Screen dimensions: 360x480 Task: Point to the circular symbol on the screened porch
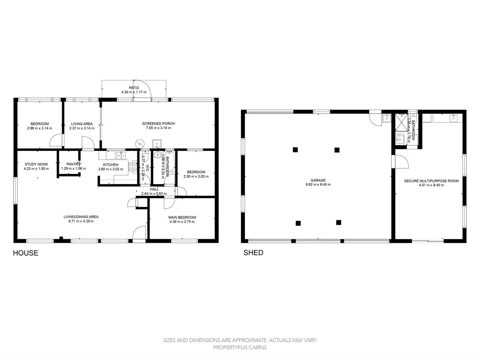pyautogui.click(x=140, y=143)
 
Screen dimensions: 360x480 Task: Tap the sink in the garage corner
pyautogui.click(x=387, y=118)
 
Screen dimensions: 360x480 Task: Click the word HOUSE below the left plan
pyautogui.click(x=26, y=253)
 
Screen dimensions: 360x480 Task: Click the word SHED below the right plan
pyautogui.click(x=254, y=253)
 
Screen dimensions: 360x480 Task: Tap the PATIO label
pyautogui.click(x=134, y=88)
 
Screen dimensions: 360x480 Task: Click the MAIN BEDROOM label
pyautogui.click(x=182, y=217)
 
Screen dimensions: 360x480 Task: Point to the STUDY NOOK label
pyautogui.click(x=36, y=164)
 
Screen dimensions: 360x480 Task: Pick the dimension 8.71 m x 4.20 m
pyautogui.click(x=81, y=221)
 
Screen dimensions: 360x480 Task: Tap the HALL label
pyautogui.click(x=154, y=189)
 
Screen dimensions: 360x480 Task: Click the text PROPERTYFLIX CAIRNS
pyautogui.click(x=240, y=347)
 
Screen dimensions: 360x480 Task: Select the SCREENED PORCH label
pyautogui.click(x=158, y=124)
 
